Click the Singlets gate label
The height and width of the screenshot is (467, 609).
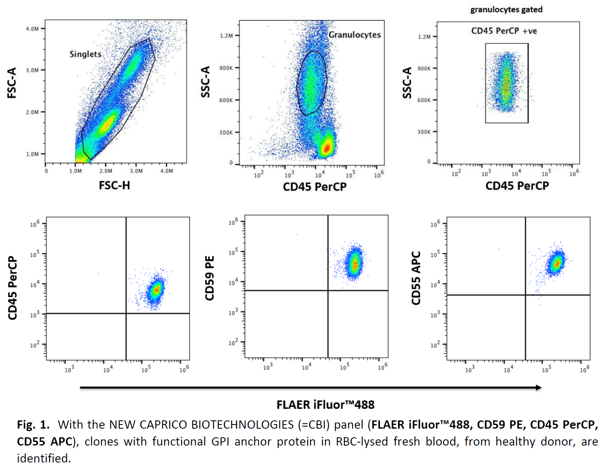click(85, 54)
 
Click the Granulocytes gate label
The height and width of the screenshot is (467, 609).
click(354, 35)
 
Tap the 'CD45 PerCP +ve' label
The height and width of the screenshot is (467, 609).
click(504, 31)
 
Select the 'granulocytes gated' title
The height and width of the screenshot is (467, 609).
click(506, 9)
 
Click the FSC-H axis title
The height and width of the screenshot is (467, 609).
click(114, 186)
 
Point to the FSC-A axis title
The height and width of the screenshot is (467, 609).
click(12, 83)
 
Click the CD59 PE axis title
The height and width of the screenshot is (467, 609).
click(209, 278)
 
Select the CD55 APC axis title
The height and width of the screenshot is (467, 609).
click(416, 278)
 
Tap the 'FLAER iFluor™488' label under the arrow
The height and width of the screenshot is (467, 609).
click(325, 405)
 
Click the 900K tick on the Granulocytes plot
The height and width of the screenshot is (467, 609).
click(226, 68)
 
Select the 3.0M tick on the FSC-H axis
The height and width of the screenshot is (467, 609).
click(136, 171)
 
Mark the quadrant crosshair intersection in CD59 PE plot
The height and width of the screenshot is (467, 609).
click(328, 290)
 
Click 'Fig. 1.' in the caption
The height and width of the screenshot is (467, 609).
click(33, 425)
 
